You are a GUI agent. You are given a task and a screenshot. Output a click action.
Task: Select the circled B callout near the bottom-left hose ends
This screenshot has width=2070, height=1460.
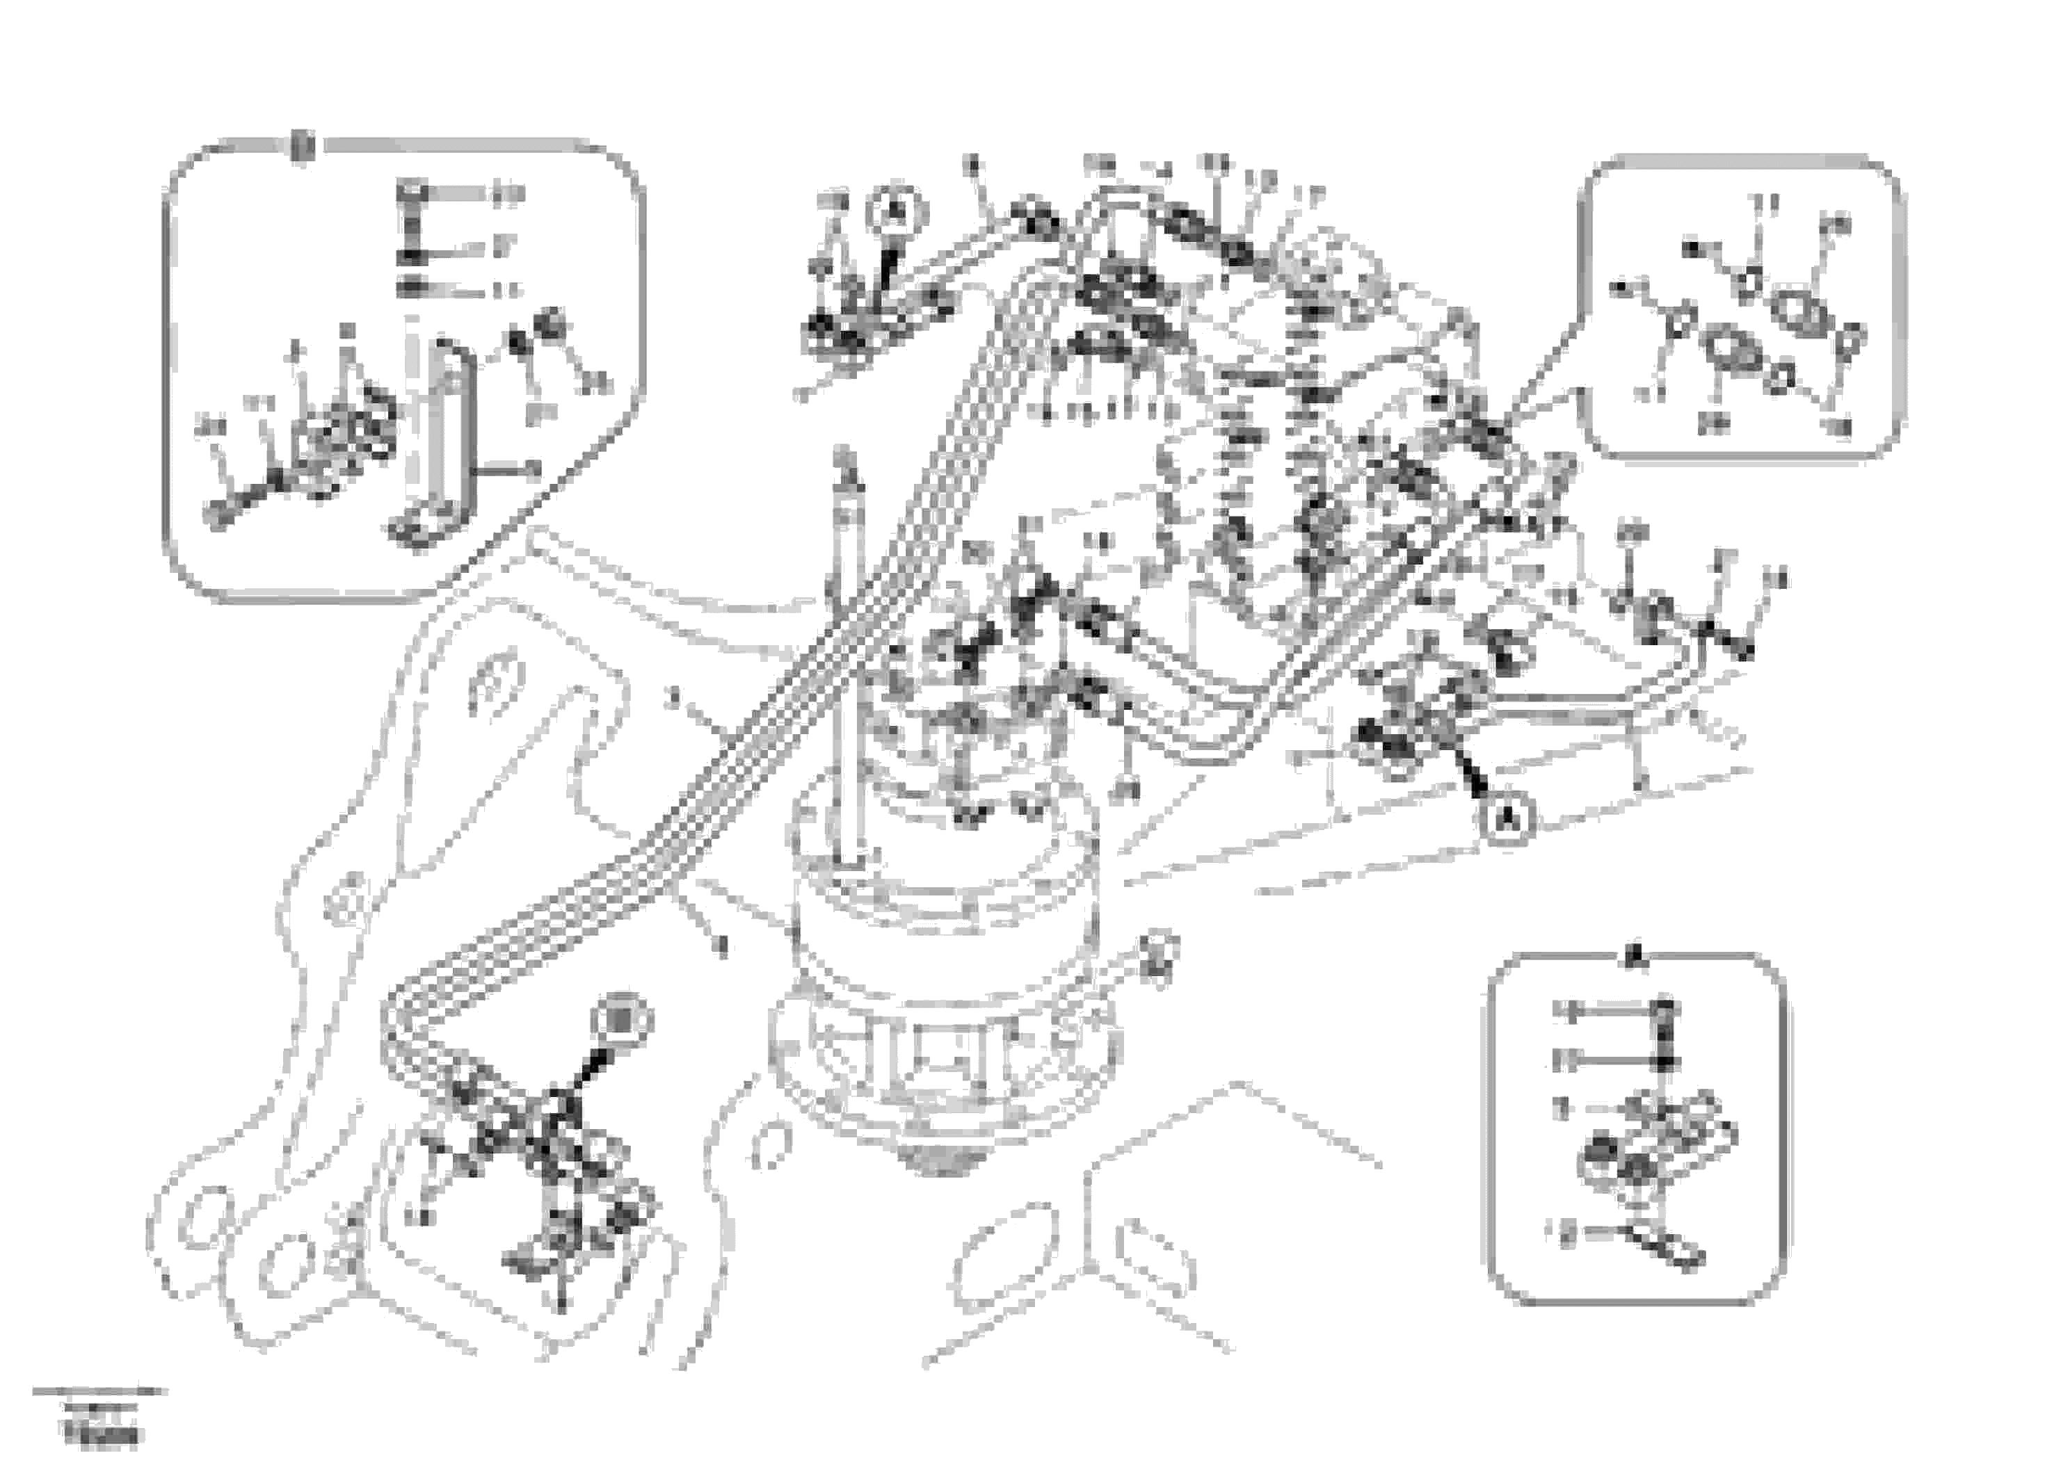click(622, 1019)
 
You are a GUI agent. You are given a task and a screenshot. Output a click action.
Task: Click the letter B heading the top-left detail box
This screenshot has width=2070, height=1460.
click(305, 144)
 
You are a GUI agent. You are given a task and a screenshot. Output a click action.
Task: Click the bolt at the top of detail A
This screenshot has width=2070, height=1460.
click(1667, 1010)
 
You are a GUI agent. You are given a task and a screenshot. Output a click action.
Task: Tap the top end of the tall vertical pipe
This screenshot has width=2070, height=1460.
click(846, 462)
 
